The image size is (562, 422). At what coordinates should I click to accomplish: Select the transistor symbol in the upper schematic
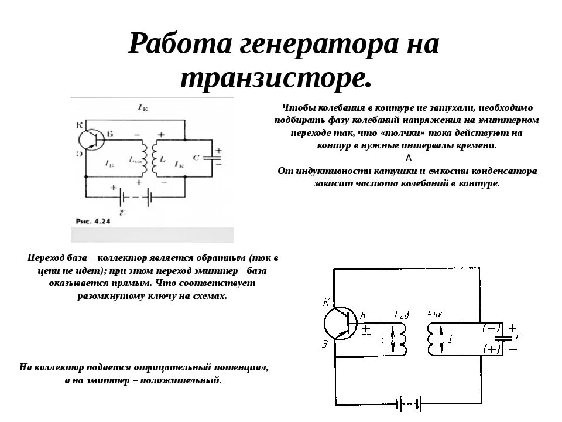pyautogui.click(x=92, y=139)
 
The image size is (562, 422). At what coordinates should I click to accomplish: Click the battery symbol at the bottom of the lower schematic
pyautogui.click(x=410, y=403)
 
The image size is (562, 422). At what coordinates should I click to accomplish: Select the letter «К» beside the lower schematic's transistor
pyautogui.click(x=326, y=302)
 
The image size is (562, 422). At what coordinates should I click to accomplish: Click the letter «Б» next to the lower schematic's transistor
pyautogui.click(x=362, y=316)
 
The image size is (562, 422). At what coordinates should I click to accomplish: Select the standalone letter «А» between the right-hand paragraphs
pyautogui.click(x=408, y=158)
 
